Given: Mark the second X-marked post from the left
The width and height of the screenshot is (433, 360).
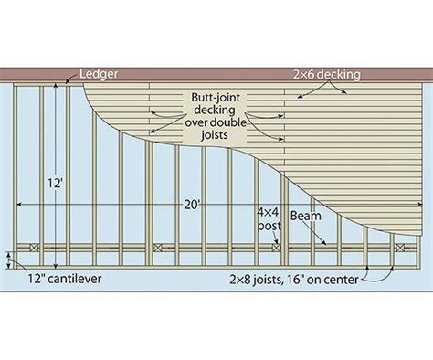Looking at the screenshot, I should (x=157, y=248).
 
